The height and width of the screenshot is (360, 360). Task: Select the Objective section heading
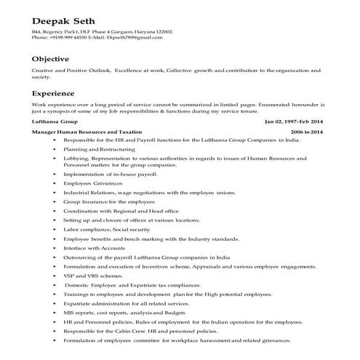pyautogui.click(x=50, y=59)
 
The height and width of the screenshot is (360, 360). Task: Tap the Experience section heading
pyautogui.click(x=54, y=94)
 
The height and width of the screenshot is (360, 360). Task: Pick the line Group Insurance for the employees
pyautogui.click(x=108, y=201)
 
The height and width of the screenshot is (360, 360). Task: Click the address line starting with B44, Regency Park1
pyautogui.click(x=103, y=32)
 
